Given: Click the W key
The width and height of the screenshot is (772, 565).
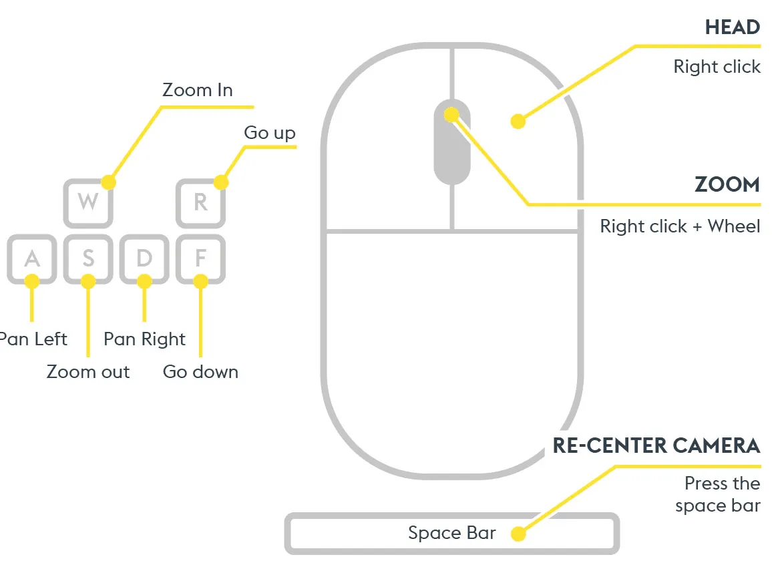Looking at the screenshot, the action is pyautogui.click(x=88, y=203).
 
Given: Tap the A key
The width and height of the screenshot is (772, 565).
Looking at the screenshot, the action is pyautogui.click(x=32, y=259).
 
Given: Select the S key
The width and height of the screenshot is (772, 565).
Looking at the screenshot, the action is pyautogui.click(x=88, y=259).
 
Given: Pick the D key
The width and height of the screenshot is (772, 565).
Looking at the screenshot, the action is pyautogui.click(x=144, y=259).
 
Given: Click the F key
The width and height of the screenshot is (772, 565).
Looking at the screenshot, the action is pyautogui.click(x=201, y=259).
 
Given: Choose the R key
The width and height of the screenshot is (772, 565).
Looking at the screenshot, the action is pyautogui.click(x=201, y=203).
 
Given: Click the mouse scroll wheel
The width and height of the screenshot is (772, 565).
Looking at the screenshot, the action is pyautogui.click(x=452, y=142).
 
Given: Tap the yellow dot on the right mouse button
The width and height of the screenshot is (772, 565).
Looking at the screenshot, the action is pyautogui.click(x=518, y=121).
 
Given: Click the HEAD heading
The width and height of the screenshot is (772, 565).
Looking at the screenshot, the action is pyautogui.click(x=733, y=27).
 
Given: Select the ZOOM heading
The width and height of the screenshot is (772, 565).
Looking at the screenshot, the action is pyautogui.click(x=727, y=184).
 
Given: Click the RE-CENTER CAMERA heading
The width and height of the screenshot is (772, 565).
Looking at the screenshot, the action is pyautogui.click(x=656, y=445).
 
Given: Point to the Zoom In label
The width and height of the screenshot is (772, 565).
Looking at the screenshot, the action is pyautogui.click(x=198, y=90).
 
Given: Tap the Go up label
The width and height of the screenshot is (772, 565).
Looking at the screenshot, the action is pyautogui.click(x=270, y=133).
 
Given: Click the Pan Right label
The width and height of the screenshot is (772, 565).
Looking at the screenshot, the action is pyautogui.click(x=145, y=339).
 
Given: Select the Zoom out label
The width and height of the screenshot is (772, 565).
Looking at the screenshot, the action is pyautogui.click(x=88, y=371).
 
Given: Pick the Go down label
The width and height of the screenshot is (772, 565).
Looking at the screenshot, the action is pyautogui.click(x=200, y=371).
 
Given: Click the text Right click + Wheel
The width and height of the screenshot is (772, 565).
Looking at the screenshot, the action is pyautogui.click(x=680, y=226).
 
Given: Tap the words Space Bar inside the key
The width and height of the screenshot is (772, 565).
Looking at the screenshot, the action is pyautogui.click(x=452, y=533).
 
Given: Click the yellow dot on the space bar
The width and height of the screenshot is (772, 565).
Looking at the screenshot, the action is pyautogui.click(x=518, y=534).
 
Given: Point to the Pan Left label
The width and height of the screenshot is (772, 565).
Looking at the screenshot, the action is pyautogui.click(x=33, y=339).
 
